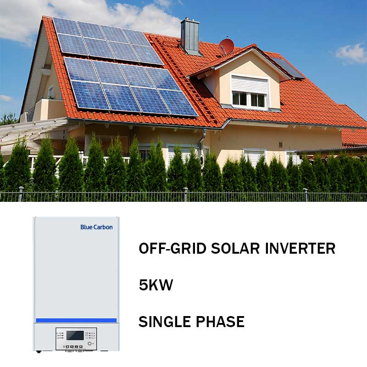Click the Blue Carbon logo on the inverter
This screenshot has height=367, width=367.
pos(96,227)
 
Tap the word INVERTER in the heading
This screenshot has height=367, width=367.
pos(300,248)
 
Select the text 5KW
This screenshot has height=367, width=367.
pos(156,285)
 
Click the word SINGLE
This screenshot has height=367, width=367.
pos(165,322)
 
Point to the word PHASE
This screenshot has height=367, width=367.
pos(220,322)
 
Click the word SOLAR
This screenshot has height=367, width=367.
pos(235,248)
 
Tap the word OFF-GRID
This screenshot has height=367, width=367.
pos(172,248)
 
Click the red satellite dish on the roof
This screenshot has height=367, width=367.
pos(226,46)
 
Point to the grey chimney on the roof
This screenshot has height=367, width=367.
pos(190,36)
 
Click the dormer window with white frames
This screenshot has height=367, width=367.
pos(249,99)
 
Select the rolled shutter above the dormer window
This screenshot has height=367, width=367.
pos(249,84)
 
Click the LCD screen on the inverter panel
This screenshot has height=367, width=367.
pos(75,335)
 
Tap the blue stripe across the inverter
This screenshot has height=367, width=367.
pos(76,320)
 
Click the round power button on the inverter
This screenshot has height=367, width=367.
pos(89,344)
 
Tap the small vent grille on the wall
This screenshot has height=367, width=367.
pos(281,144)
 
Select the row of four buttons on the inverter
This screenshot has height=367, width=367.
pos(73,347)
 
